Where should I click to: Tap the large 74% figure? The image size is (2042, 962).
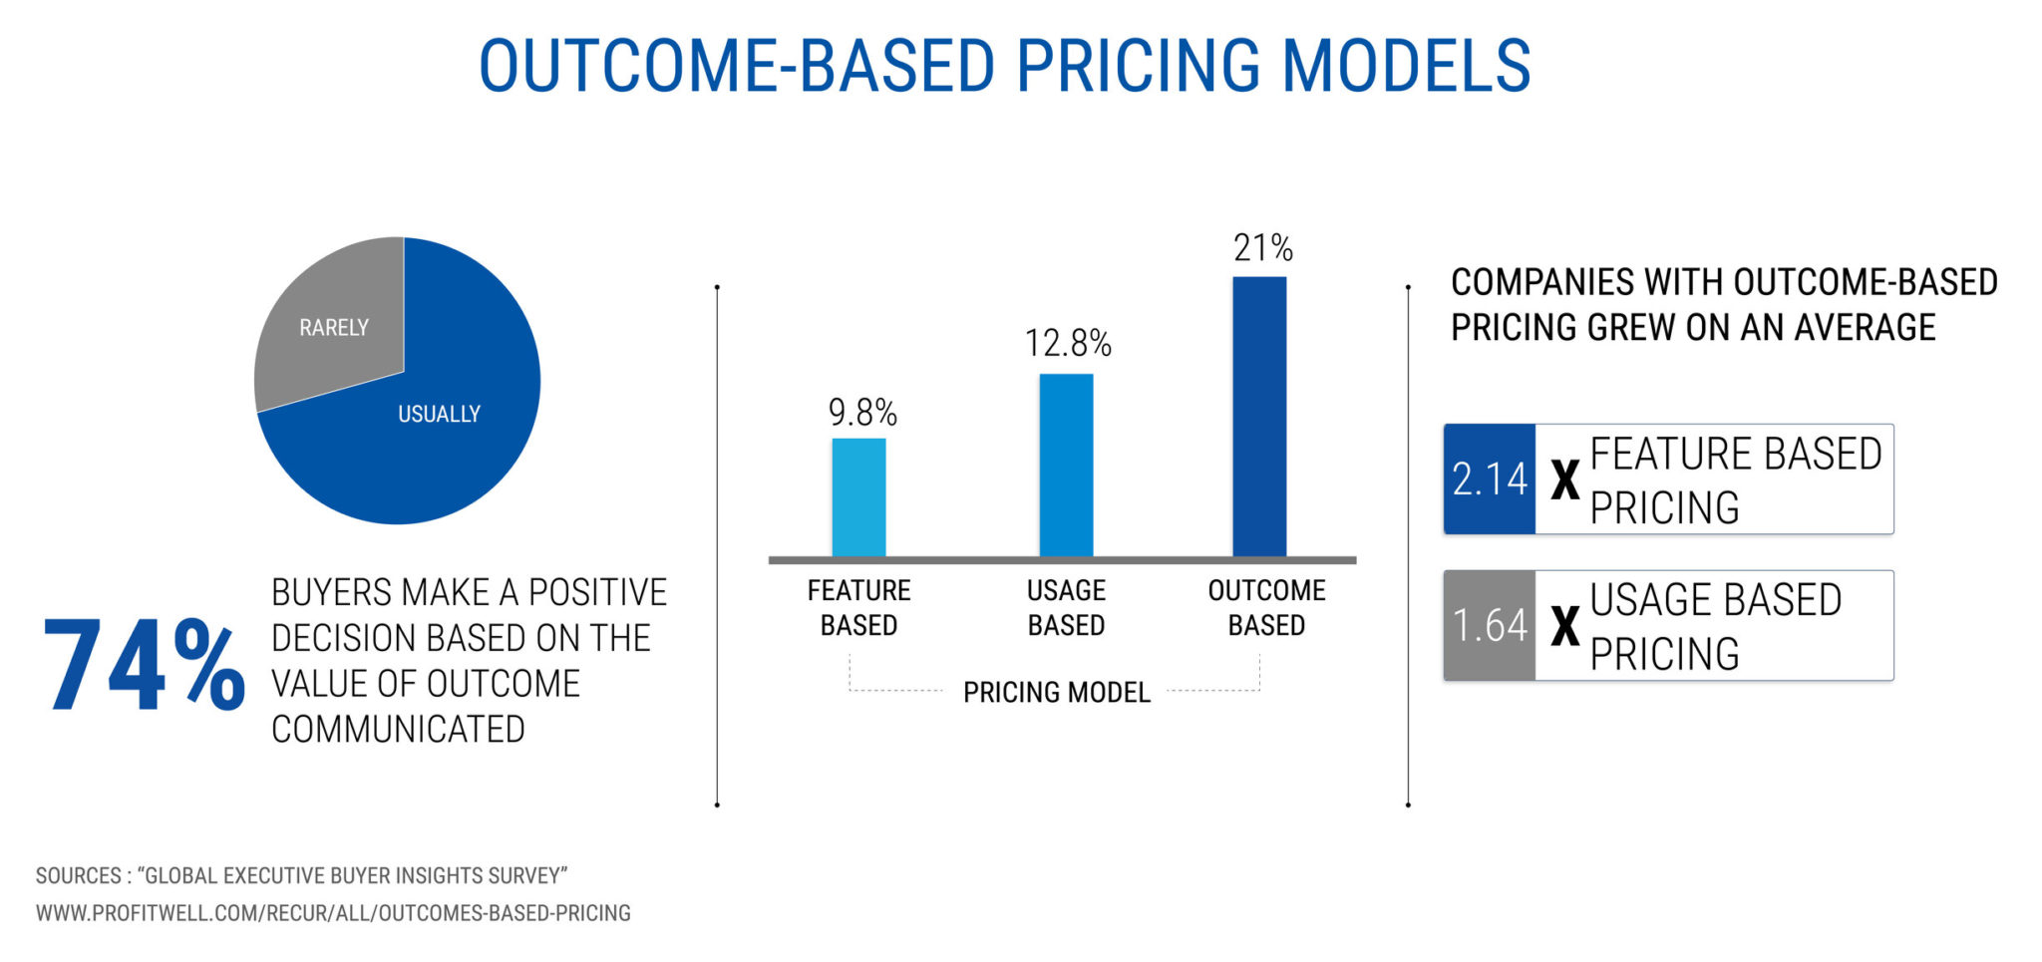click(x=144, y=664)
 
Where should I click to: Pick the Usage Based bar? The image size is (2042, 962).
click(x=1066, y=465)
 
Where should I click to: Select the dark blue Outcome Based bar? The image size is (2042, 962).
click(x=1259, y=416)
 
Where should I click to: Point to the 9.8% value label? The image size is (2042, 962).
click(x=862, y=413)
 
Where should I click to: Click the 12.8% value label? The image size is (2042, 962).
click(x=1068, y=344)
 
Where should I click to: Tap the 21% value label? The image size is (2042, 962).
click(x=1262, y=248)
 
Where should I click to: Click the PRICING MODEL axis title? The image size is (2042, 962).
click(x=1056, y=692)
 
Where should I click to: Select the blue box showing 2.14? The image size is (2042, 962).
click(x=1490, y=480)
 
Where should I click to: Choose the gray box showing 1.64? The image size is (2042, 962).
click(x=1490, y=626)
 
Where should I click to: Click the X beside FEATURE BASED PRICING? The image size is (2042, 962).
click(x=1564, y=481)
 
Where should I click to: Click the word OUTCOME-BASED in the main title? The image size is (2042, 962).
click(x=737, y=67)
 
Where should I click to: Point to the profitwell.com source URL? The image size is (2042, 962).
click(x=333, y=913)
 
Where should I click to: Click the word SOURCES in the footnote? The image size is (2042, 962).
click(x=78, y=875)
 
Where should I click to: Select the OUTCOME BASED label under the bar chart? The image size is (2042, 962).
click(x=1266, y=607)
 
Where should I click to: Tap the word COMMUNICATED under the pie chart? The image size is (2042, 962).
click(x=398, y=730)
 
